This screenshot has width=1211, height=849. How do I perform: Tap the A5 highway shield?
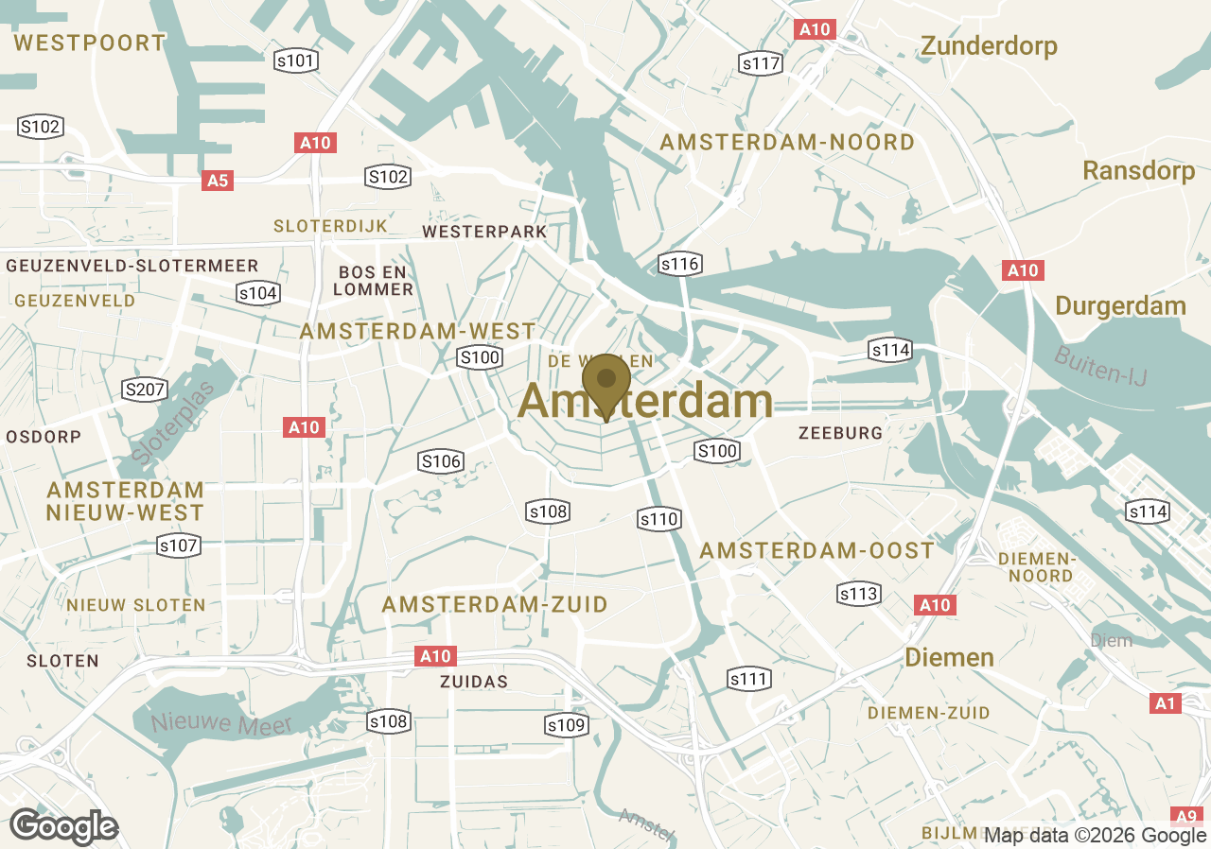pyautogui.click(x=218, y=180)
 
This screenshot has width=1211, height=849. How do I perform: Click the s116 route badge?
pyautogui.click(x=680, y=264)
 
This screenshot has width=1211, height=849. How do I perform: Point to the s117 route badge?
pyautogui.click(x=761, y=63)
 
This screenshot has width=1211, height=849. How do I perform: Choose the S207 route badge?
pyautogui.click(x=145, y=389)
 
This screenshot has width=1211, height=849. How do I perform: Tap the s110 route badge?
pyautogui.click(x=658, y=518)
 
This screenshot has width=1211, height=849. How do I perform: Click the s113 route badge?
pyautogui.click(x=859, y=594)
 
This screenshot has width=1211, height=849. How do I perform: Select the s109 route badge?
pyautogui.click(x=567, y=725)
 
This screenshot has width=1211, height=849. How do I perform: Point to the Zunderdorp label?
pyautogui.click(x=990, y=45)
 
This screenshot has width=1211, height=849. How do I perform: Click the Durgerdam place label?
pyautogui.click(x=1120, y=305)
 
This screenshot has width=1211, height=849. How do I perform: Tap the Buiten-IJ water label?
pyautogui.click(x=1099, y=365)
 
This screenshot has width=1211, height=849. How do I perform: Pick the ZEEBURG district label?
pyautogui.click(x=840, y=432)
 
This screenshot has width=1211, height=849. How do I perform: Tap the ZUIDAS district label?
pyautogui.click(x=474, y=681)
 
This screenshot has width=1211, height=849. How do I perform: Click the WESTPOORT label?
pyautogui.click(x=90, y=43)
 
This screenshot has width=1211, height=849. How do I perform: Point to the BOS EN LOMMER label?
pyautogui.click(x=373, y=281)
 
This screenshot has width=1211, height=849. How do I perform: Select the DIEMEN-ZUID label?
pyautogui.click(x=928, y=712)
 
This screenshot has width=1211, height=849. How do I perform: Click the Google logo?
pyautogui.click(x=63, y=826)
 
